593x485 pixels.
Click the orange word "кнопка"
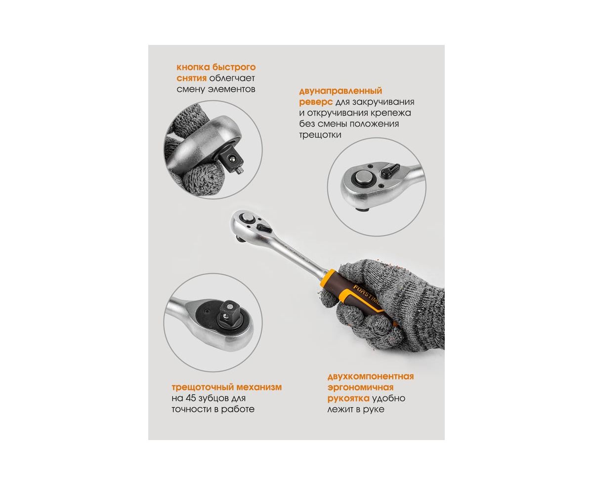pos(193,68)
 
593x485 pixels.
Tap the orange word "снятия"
pos(191,79)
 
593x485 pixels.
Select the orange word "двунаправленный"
pos(340,91)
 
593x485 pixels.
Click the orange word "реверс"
pos(316,102)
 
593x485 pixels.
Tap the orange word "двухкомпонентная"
pos(371,376)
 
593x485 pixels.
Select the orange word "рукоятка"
pos(348,399)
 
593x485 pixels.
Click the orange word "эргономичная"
pos(360,388)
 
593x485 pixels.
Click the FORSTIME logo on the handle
pos(367,297)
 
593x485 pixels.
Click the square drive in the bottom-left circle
pos(229,312)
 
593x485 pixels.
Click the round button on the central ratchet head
pos(248,217)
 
